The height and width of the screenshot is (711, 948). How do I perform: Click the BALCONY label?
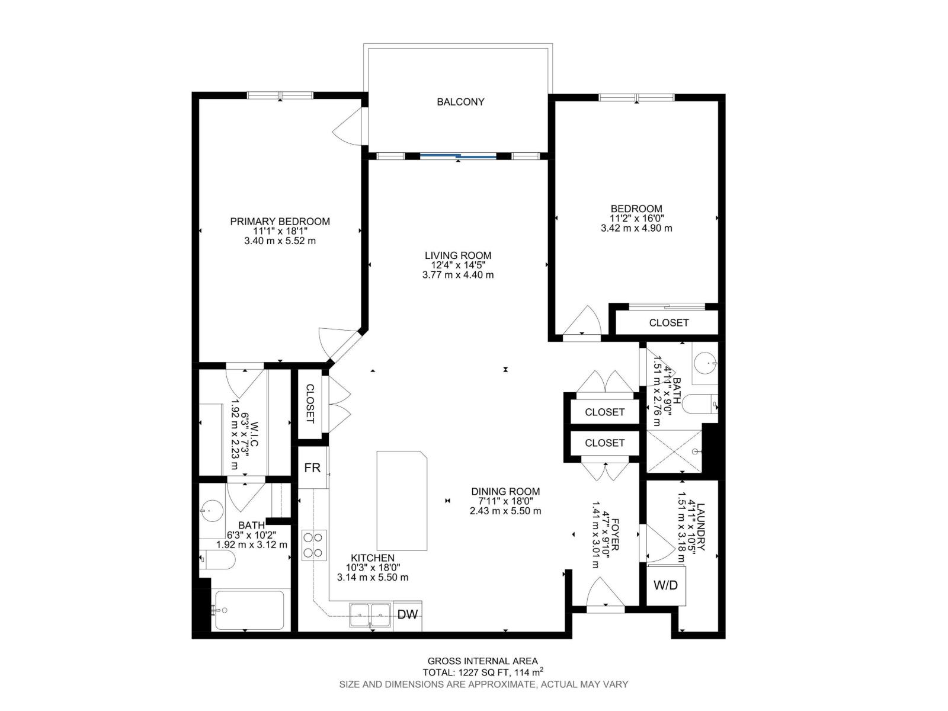(x=460, y=102)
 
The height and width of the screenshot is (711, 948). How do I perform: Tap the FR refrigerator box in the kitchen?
(x=312, y=467)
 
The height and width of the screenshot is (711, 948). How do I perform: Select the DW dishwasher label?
(x=407, y=614)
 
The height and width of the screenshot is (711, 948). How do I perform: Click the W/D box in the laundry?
(x=665, y=585)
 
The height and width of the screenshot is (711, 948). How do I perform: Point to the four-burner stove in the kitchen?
(x=314, y=546)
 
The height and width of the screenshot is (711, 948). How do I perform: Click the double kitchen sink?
(x=369, y=614)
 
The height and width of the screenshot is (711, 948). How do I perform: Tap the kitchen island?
(x=402, y=501)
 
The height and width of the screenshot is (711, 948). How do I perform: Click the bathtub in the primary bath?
(x=249, y=610)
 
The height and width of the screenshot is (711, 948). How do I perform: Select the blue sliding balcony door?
(x=458, y=156)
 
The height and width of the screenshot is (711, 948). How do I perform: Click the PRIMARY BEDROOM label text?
(x=280, y=222)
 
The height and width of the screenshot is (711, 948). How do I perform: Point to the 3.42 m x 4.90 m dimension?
(x=636, y=228)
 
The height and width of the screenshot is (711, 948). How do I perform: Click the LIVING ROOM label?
(x=457, y=256)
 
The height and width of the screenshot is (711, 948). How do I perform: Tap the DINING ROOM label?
(x=505, y=491)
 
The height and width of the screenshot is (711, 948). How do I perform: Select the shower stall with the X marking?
(x=674, y=451)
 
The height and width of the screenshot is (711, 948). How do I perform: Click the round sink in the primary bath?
(x=212, y=510)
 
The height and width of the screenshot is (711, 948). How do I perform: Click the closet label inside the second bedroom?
(x=668, y=323)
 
